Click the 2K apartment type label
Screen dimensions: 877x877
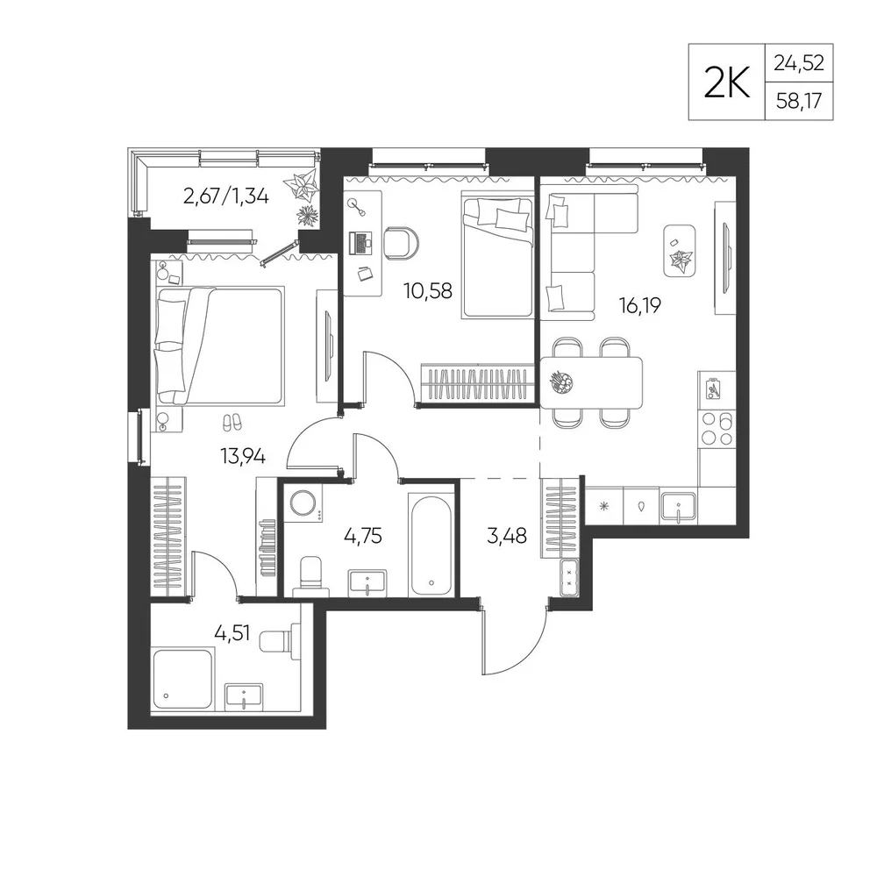(x=726, y=82)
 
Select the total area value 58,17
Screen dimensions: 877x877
(x=799, y=101)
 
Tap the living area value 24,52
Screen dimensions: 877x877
(x=799, y=63)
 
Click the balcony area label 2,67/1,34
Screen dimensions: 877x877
(x=226, y=196)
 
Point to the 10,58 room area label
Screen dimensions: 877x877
(x=428, y=291)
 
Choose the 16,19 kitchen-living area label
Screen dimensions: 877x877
(x=640, y=306)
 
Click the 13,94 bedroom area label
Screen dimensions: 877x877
(x=242, y=458)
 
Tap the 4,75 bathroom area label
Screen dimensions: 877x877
(x=363, y=536)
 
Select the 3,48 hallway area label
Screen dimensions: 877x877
(x=507, y=536)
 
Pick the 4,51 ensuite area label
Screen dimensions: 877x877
(x=232, y=634)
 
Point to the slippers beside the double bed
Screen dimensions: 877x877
(x=232, y=421)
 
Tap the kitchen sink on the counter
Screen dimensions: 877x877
(x=679, y=506)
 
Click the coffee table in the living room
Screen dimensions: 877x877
(x=680, y=251)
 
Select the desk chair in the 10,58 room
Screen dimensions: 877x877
(x=403, y=243)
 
